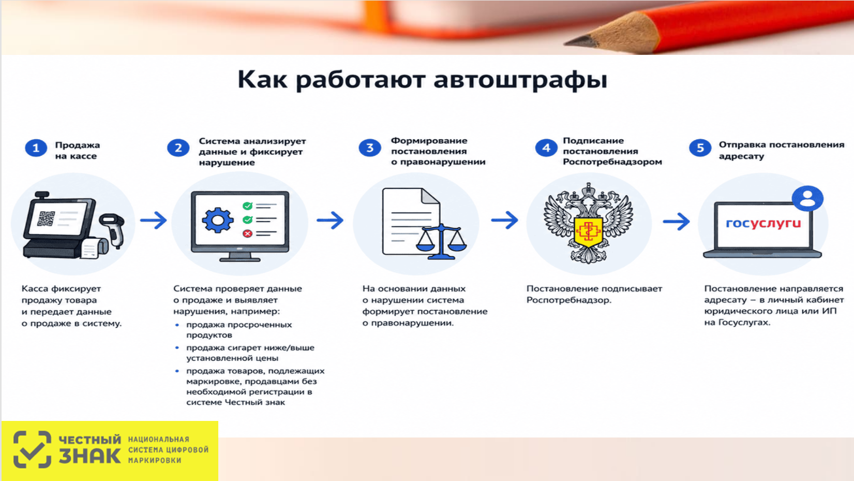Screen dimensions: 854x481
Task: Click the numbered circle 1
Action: pos(36,148)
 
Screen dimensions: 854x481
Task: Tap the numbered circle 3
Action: pos(369,148)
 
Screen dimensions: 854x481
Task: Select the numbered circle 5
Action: pos(700,148)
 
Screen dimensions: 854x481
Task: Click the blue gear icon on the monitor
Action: pos(218,220)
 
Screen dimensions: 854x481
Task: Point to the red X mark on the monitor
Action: pos(247,233)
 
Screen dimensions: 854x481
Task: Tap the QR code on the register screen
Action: pos(46,218)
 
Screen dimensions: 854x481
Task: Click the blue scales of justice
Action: pos(442,242)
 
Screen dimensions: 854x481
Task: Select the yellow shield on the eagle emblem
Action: pos(588,232)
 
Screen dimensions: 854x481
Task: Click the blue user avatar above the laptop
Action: pos(807,198)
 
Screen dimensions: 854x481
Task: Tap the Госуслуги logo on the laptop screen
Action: pos(763,223)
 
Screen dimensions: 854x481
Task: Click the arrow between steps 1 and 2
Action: pos(153,220)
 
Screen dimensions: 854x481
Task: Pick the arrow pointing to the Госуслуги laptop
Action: pos(676,222)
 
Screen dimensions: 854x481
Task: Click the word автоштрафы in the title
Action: pos(520,80)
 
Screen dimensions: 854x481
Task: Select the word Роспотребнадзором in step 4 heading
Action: pos(612,162)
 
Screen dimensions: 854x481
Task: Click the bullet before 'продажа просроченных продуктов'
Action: pos(177,325)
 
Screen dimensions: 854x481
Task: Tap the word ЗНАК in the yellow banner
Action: pos(89,456)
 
